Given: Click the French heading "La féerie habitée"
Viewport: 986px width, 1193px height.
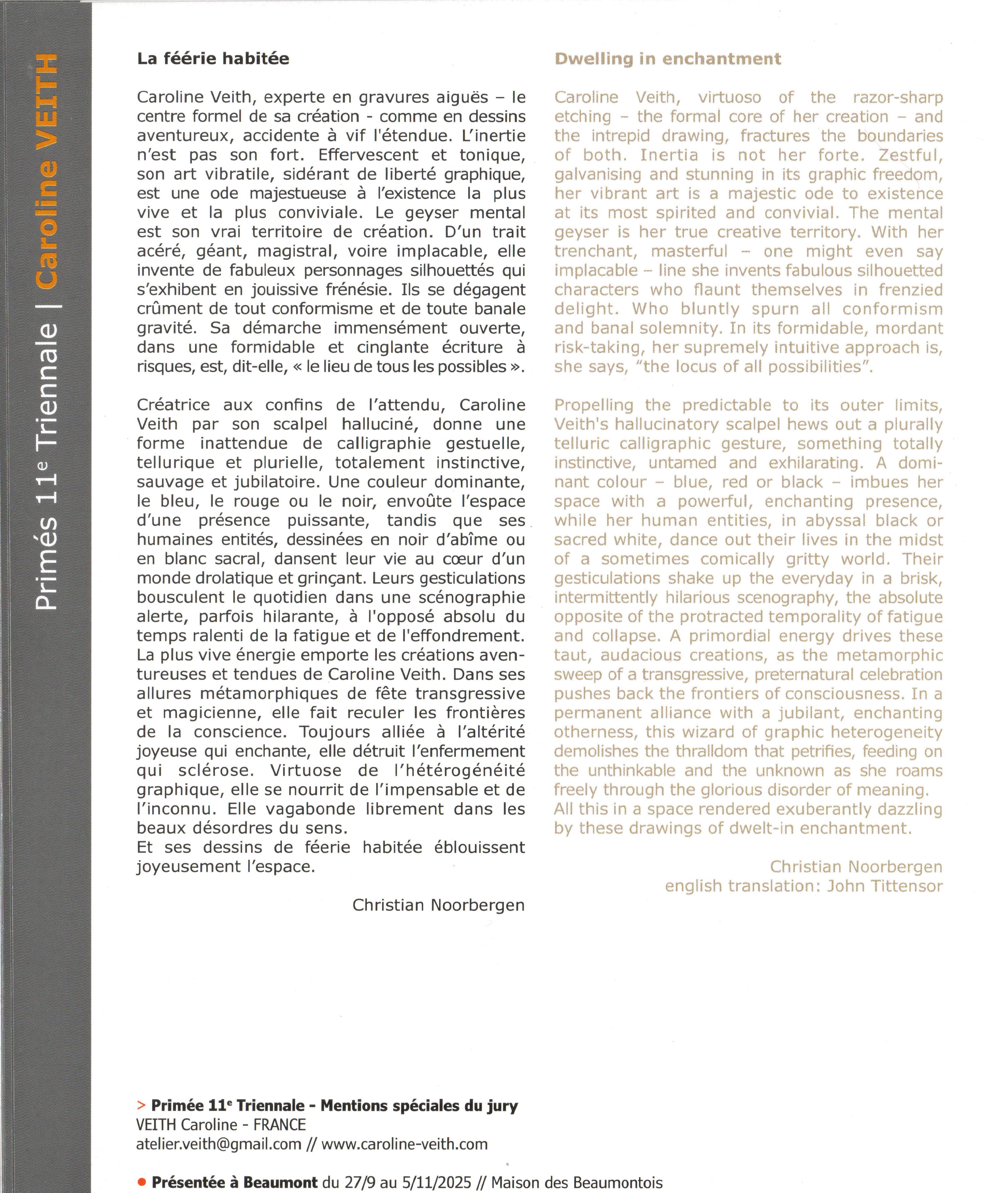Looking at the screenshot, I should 213,59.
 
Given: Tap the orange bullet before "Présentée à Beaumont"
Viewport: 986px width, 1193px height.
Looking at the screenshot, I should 142,1182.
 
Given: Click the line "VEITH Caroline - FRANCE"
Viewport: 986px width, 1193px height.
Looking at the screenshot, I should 221,1125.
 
